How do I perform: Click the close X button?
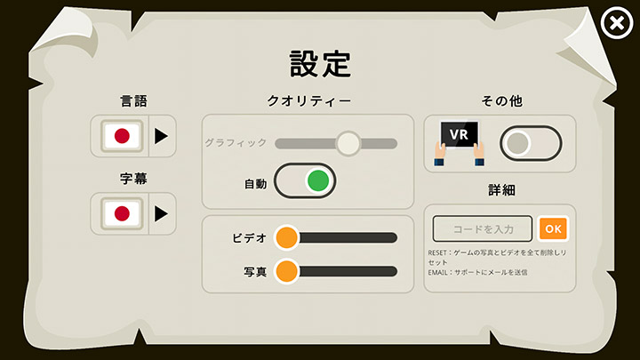pos(615,24)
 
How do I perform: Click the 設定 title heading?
pos(320,63)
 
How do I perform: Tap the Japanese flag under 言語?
pos(122,136)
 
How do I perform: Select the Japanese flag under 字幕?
pos(122,213)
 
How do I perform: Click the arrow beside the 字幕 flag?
pos(161,213)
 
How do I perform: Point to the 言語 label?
pos(133,101)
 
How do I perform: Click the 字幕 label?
pos(133,179)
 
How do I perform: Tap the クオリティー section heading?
pos(308,101)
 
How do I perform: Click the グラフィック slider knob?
pos(348,143)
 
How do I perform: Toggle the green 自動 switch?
pos(305,181)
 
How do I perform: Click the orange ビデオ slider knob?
pos(286,237)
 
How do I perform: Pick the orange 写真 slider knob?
pos(286,271)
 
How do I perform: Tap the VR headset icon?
pos(460,140)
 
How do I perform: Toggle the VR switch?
pos(531,143)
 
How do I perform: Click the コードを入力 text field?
pos(483,228)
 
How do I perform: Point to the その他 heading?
pos(500,101)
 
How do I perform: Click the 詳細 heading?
pos(500,190)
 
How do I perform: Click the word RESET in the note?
pos(438,253)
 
